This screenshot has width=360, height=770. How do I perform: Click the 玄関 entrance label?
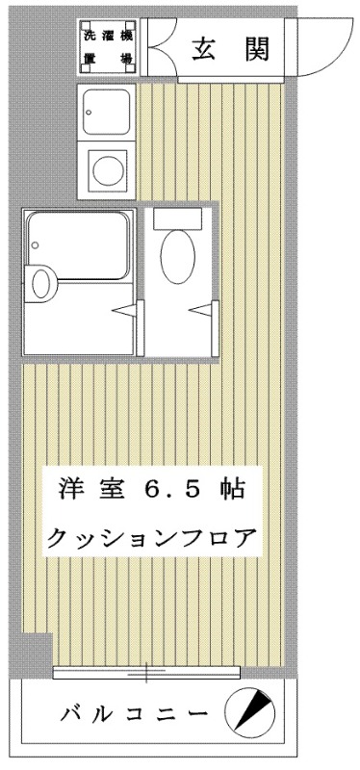coord(231,49)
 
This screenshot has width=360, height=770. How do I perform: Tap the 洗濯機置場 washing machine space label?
coord(108,47)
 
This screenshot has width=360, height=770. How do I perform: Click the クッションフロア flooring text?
coord(151,537)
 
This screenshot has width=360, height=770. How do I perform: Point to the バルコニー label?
coord(135,713)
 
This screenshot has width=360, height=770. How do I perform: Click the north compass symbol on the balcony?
coord(249,709)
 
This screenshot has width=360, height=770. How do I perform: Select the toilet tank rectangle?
coord(178,218)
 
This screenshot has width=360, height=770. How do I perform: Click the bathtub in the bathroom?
coord(78,245)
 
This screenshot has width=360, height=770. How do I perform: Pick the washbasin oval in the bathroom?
coord(41,284)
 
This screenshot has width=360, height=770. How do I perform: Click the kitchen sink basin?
coord(106,112)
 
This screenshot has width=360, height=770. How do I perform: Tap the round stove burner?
coord(107,168)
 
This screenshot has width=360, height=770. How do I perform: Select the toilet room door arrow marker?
coord(201,310)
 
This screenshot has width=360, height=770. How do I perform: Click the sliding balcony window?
coord(146,672)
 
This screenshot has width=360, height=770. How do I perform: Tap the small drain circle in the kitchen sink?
coord(89,113)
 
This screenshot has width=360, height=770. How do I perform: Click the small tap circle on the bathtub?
coord(36,245)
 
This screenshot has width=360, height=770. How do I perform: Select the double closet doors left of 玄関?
coord(159,47)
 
